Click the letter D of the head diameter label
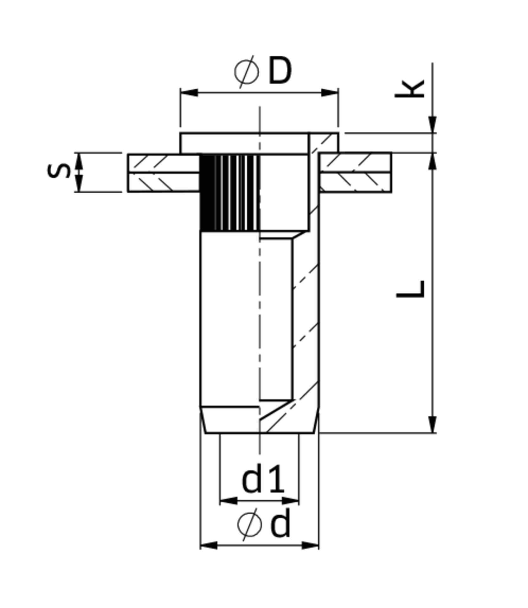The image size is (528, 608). click(x=280, y=71)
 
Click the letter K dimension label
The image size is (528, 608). click(x=410, y=89)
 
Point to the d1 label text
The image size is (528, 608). click(x=263, y=479)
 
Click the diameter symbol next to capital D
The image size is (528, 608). click(x=247, y=72)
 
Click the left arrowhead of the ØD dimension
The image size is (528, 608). click(x=189, y=92)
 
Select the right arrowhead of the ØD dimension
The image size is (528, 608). click(x=330, y=92)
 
